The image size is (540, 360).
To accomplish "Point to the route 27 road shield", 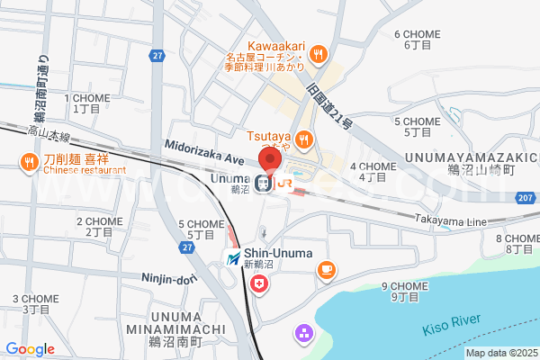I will click(158, 56).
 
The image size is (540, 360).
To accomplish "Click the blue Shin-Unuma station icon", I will click(234, 259).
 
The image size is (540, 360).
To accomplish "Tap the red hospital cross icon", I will click(260, 284).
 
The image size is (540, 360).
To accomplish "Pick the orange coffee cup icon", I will click(325, 268).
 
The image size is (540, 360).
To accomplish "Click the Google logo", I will click(30, 349).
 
